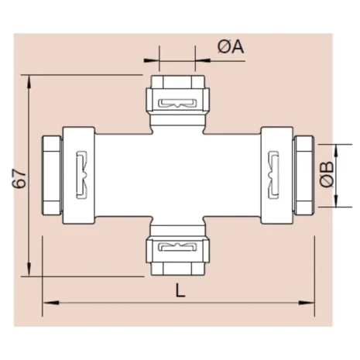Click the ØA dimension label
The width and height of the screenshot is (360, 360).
point(231,47)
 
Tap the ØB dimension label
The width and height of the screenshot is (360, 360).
point(327,174)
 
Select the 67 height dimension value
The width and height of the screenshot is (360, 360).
point(19,178)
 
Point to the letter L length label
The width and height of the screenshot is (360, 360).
point(180,290)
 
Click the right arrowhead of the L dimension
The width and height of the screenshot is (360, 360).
point(307,303)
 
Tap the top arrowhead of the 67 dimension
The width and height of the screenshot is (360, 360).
point(29,83)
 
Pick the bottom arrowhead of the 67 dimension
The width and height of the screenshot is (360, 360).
point(29,269)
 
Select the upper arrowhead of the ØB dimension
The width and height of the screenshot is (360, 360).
point(336,151)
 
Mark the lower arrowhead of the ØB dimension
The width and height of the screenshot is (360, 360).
point(336,201)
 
